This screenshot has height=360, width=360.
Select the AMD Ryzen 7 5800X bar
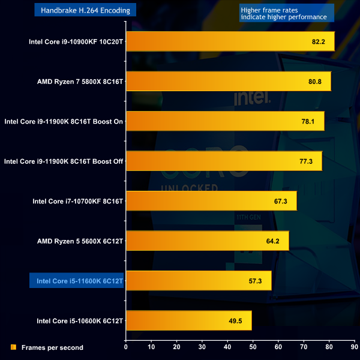tap(228, 82)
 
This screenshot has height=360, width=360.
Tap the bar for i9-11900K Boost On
tap(225, 121)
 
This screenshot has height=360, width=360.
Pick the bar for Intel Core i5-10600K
tap(188, 320)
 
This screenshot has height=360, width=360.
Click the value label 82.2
tap(319, 42)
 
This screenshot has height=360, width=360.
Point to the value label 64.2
tap(273, 241)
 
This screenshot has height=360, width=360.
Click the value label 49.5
tap(235, 321)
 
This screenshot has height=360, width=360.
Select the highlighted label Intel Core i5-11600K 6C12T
tap(77, 281)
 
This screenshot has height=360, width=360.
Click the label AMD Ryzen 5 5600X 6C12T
tap(80, 241)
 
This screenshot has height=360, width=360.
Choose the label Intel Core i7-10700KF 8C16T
tap(77, 201)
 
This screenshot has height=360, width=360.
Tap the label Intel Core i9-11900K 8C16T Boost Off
tap(63, 161)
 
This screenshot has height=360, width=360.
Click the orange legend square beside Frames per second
tap(13, 347)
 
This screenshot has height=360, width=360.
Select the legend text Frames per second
tap(52, 347)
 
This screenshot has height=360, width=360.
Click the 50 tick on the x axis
tap(253, 346)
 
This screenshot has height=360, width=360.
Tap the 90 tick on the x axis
tap(353, 346)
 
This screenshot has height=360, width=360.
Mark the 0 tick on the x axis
tap(126, 346)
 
